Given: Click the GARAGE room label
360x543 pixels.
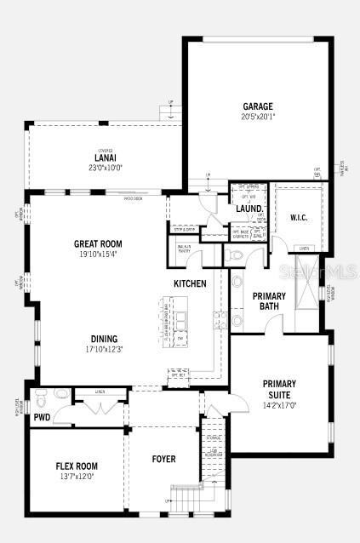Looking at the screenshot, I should point(257,106).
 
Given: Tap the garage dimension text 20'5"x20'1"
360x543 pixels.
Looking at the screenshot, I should point(257,117).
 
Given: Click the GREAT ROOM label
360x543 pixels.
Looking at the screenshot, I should point(98,244).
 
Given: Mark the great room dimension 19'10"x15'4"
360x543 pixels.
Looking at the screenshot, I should point(98,254).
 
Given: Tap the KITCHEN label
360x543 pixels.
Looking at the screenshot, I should point(190,283).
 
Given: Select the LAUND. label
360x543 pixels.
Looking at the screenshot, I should point(249,209).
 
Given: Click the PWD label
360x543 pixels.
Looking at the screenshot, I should point(42,418).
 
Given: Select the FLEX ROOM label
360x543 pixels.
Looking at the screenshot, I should point(77,466).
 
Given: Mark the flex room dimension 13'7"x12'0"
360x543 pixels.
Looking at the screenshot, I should point(77,476).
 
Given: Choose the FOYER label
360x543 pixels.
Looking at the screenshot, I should point(163,460).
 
